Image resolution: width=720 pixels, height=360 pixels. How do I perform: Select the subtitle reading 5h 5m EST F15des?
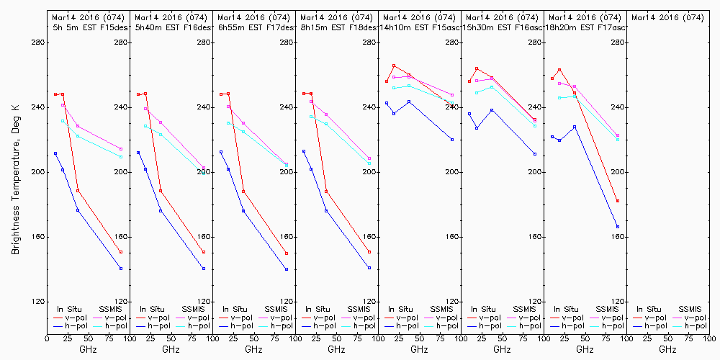click(88, 27)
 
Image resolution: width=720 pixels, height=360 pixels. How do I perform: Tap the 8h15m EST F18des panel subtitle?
click(336, 27)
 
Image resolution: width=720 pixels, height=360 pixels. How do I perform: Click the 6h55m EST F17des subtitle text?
click(253, 27)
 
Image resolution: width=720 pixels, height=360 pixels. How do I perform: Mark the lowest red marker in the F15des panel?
click(121, 252)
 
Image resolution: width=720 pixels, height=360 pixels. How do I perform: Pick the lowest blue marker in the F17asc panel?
click(618, 227)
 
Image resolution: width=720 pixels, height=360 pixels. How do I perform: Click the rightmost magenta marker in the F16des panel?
click(204, 168)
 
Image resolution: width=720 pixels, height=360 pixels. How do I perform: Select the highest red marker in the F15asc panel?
click(394, 66)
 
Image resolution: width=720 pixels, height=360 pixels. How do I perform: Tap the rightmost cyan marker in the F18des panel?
click(369, 163)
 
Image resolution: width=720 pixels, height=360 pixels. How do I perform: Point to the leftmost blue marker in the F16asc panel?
click(469, 114)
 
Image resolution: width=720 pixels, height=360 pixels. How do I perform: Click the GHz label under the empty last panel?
click(667, 349)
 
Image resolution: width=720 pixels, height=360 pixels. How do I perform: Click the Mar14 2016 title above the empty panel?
click(667, 17)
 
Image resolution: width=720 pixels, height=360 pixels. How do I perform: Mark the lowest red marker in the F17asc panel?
click(618, 201)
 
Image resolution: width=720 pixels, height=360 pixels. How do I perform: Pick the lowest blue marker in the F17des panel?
click(287, 269)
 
